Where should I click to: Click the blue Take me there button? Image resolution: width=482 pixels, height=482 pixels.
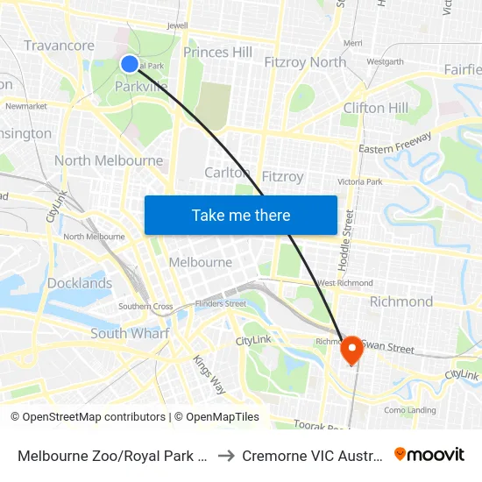pos(240,215)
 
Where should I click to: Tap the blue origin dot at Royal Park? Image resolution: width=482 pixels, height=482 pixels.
pos(129,63)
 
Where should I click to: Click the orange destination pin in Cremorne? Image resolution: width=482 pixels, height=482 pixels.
pos(352,351)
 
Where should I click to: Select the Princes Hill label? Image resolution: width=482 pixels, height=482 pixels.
pos(218,53)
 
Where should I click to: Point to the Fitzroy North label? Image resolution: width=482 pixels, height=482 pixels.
pos(305,62)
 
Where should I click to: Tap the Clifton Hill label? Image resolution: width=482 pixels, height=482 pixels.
pos(375,108)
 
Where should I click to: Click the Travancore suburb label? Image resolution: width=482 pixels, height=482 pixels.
pos(59,46)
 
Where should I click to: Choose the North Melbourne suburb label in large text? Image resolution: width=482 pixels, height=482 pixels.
pos(109,160)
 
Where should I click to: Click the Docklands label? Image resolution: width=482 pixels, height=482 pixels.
pos(80,283)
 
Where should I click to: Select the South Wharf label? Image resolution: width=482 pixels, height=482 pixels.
pos(130,333)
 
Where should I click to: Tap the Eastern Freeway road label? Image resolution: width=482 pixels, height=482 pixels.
pos(395,144)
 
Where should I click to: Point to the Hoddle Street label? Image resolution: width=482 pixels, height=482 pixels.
pos(350,237)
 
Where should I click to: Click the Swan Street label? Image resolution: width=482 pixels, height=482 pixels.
pos(393,349)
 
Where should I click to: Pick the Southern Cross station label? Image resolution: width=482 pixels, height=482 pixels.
pos(145,307)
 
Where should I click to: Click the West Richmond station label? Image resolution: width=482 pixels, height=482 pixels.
pos(345,283)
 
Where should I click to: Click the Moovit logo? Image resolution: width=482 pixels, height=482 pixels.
pos(429,454)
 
